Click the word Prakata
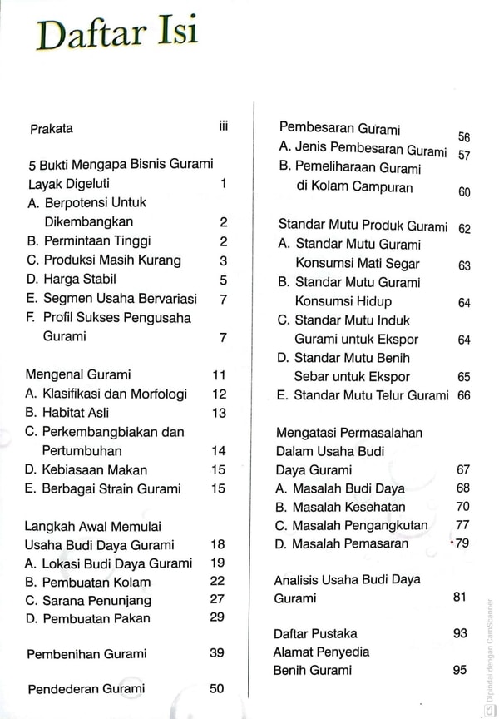pyautogui.click(x=52, y=128)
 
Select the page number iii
pyautogui.click(x=222, y=126)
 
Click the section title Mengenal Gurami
pyautogui.click(x=78, y=374)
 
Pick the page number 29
pyautogui.click(x=217, y=617)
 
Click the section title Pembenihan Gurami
pyautogui.click(x=86, y=653)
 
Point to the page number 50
pyautogui.click(x=217, y=688)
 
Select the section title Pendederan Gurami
pyautogui.click(x=86, y=688)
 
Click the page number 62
pyautogui.click(x=464, y=228)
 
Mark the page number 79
pyautogui.click(x=462, y=543)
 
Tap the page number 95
pyautogui.click(x=460, y=670)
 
